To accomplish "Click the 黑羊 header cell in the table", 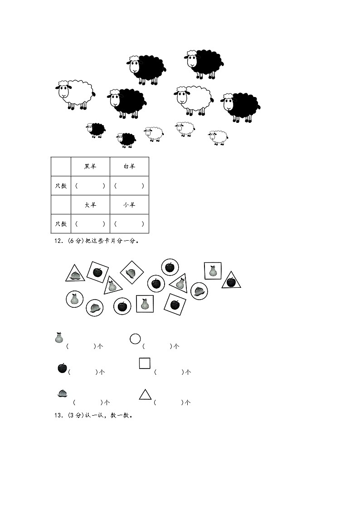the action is click(90, 166).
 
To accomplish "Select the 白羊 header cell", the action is click(129, 166).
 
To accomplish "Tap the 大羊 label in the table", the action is click(90, 205).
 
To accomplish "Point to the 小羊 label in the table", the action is click(129, 205).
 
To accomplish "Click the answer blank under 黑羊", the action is click(90, 186).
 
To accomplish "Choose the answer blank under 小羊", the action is click(129, 223).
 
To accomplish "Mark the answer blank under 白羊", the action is click(129, 186).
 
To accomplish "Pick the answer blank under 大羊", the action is click(90, 223).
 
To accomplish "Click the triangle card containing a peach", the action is click(75, 274).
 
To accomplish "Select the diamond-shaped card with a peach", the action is click(132, 272).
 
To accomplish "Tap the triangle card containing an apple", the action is click(231, 281).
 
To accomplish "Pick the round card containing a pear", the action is click(75, 299).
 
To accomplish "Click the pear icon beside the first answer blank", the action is click(59, 338).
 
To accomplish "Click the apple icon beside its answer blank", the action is click(62, 368).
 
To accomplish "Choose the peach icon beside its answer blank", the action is click(62, 393).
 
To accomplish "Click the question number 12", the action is click(58, 241).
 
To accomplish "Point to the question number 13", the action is click(58, 416).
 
